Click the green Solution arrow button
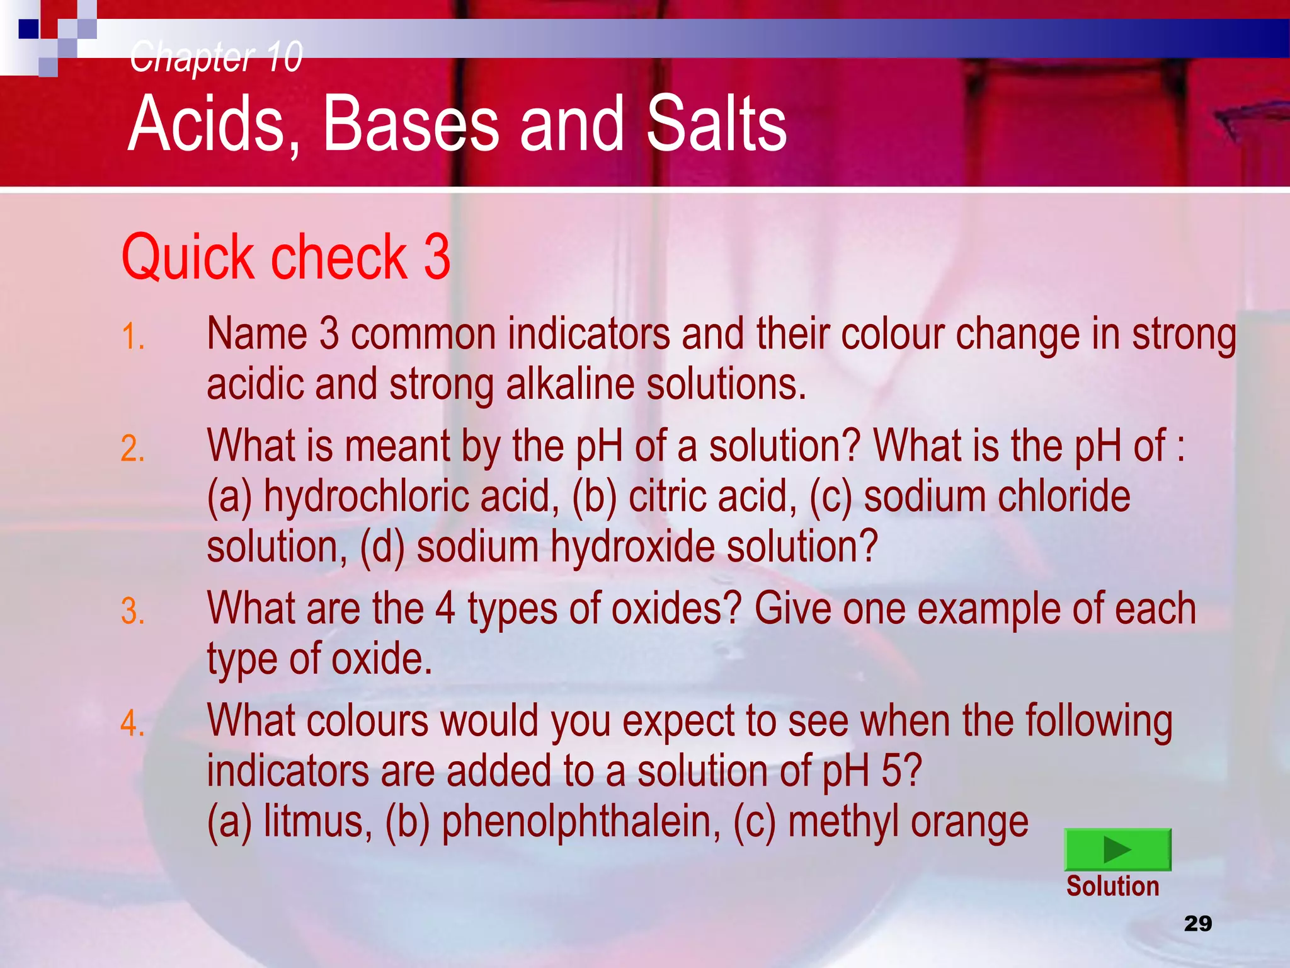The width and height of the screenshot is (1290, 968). (1117, 849)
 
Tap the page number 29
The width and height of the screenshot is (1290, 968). (1197, 923)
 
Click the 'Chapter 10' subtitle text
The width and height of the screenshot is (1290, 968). (216, 57)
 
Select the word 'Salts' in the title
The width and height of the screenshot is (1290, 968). (716, 124)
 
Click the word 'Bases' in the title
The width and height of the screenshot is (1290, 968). (411, 124)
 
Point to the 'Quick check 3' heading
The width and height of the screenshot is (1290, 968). (285, 256)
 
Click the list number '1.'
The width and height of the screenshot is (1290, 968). (133, 337)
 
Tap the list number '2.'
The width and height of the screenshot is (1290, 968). (133, 449)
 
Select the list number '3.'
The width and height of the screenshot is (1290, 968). (133, 612)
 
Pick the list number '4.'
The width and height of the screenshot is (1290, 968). (133, 723)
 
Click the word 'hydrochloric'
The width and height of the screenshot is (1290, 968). (366, 497)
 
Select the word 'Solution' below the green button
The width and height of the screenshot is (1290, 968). (1112, 886)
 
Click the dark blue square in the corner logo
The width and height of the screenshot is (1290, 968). (29, 29)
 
